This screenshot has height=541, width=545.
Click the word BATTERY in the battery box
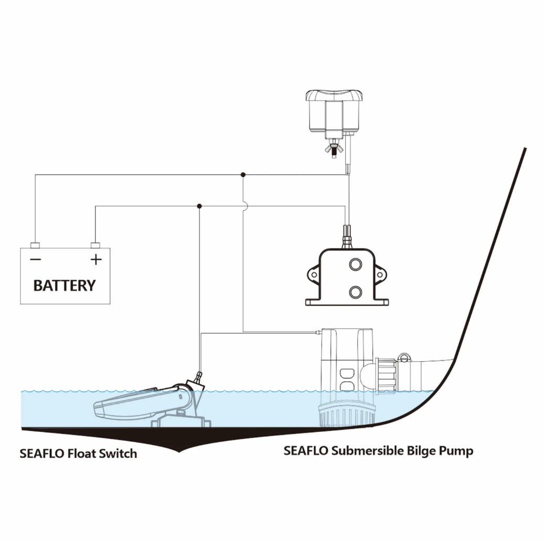(x=65, y=286)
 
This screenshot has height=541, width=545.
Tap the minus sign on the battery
(x=36, y=259)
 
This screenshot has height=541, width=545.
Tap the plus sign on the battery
(x=96, y=259)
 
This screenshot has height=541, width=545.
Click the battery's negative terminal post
(x=35, y=245)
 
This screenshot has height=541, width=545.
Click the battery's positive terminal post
(x=95, y=245)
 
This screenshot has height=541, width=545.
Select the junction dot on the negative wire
(x=243, y=175)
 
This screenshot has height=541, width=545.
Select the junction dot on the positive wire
(x=199, y=206)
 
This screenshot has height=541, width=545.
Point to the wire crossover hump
(x=245, y=206)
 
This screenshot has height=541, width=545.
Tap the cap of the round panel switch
(x=334, y=95)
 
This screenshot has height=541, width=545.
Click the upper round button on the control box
(x=355, y=265)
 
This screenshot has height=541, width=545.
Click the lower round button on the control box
(x=355, y=292)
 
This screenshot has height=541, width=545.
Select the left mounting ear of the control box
(x=313, y=275)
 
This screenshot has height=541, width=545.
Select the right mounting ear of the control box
(x=380, y=275)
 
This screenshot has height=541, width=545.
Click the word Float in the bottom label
(x=81, y=453)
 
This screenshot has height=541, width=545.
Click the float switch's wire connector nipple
(x=198, y=377)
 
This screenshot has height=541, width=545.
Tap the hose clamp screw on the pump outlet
(x=404, y=358)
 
